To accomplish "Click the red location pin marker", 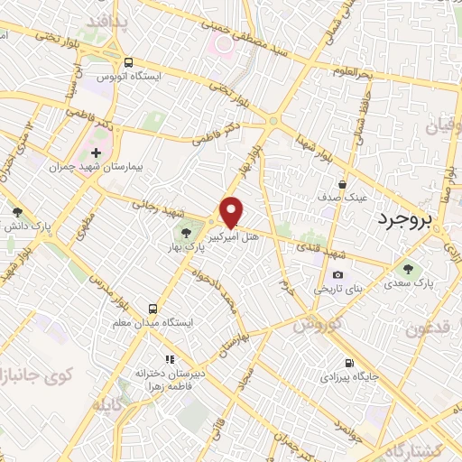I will pos(232,212).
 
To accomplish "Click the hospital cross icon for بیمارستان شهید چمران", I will pos(97,152).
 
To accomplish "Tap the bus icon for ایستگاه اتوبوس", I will pos(129,63).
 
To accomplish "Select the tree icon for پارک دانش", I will pos(17,213).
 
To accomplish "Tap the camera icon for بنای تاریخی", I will pos(337,275).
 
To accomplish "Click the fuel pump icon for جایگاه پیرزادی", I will pos(324,361).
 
